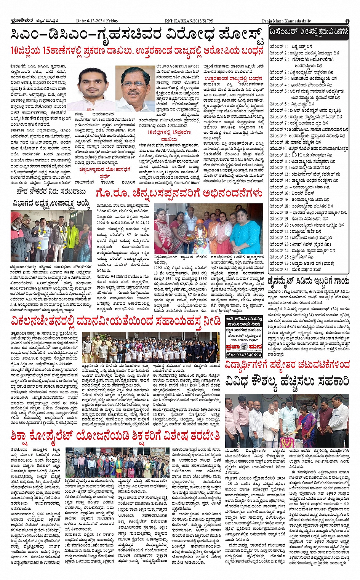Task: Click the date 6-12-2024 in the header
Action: tap(97, 21)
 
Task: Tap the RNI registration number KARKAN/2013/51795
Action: tap(189, 21)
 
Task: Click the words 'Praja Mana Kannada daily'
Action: tap(286, 21)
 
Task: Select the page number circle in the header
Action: tap(347, 21)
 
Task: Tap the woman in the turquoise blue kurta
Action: tap(245, 228)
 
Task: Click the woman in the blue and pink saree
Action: tap(307, 423)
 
